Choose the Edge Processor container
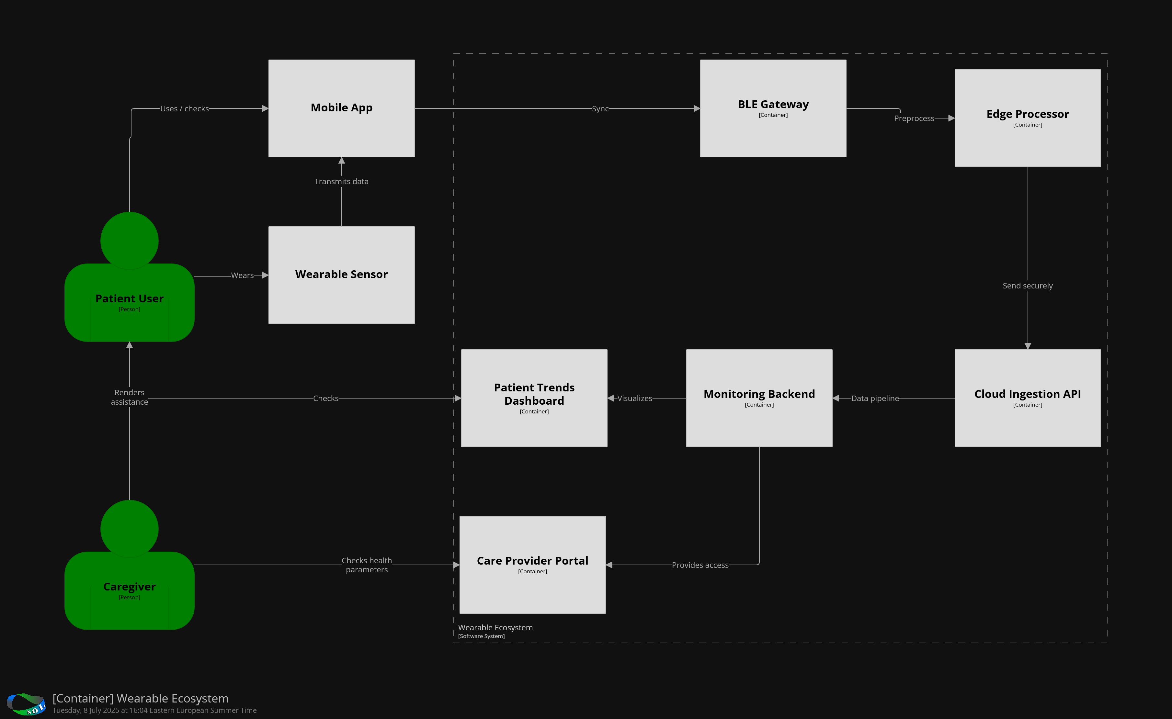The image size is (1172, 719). pos(1027,118)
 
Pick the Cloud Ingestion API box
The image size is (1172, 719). pos(1027,398)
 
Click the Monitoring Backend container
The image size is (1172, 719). pos(759,398)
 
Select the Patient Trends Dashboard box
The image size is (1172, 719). pos(534,398)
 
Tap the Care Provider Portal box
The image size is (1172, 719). pos(532,565)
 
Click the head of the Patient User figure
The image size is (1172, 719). pos(130,240)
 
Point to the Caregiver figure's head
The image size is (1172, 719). pos(130,528)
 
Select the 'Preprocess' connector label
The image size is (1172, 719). pos(914,118)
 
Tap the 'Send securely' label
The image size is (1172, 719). pos(1027,286)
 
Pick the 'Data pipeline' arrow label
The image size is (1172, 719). pos(875,399)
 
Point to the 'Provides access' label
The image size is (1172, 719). pos(700,565)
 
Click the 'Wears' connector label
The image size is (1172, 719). pos(242,275)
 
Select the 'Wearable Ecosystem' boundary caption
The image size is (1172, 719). pos(495,628)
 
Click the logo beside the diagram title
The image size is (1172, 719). pos(26,704)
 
